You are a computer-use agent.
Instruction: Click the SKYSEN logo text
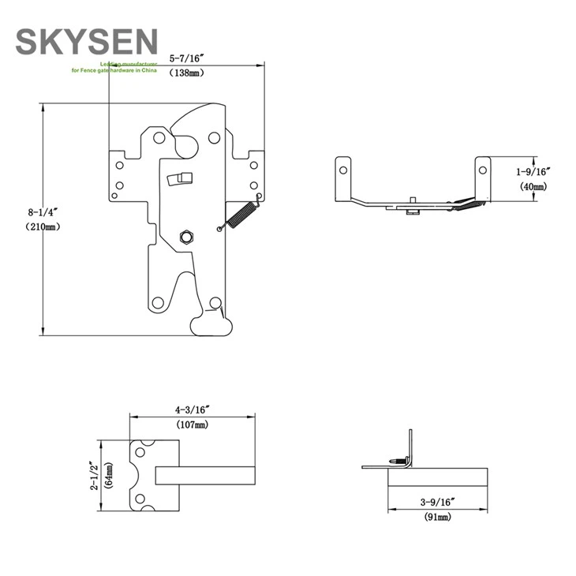[x=87, y=41]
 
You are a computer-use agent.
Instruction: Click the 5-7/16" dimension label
[x=186, y=58]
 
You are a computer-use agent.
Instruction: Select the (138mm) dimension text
[x=186, y=73]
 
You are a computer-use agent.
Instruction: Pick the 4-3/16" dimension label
[x=192, y=410]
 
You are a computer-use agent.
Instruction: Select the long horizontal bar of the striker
[x=205, y=475]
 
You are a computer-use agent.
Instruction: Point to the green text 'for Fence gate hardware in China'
[x=114, y=70]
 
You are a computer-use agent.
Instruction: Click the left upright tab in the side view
[x=343, y=178]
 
